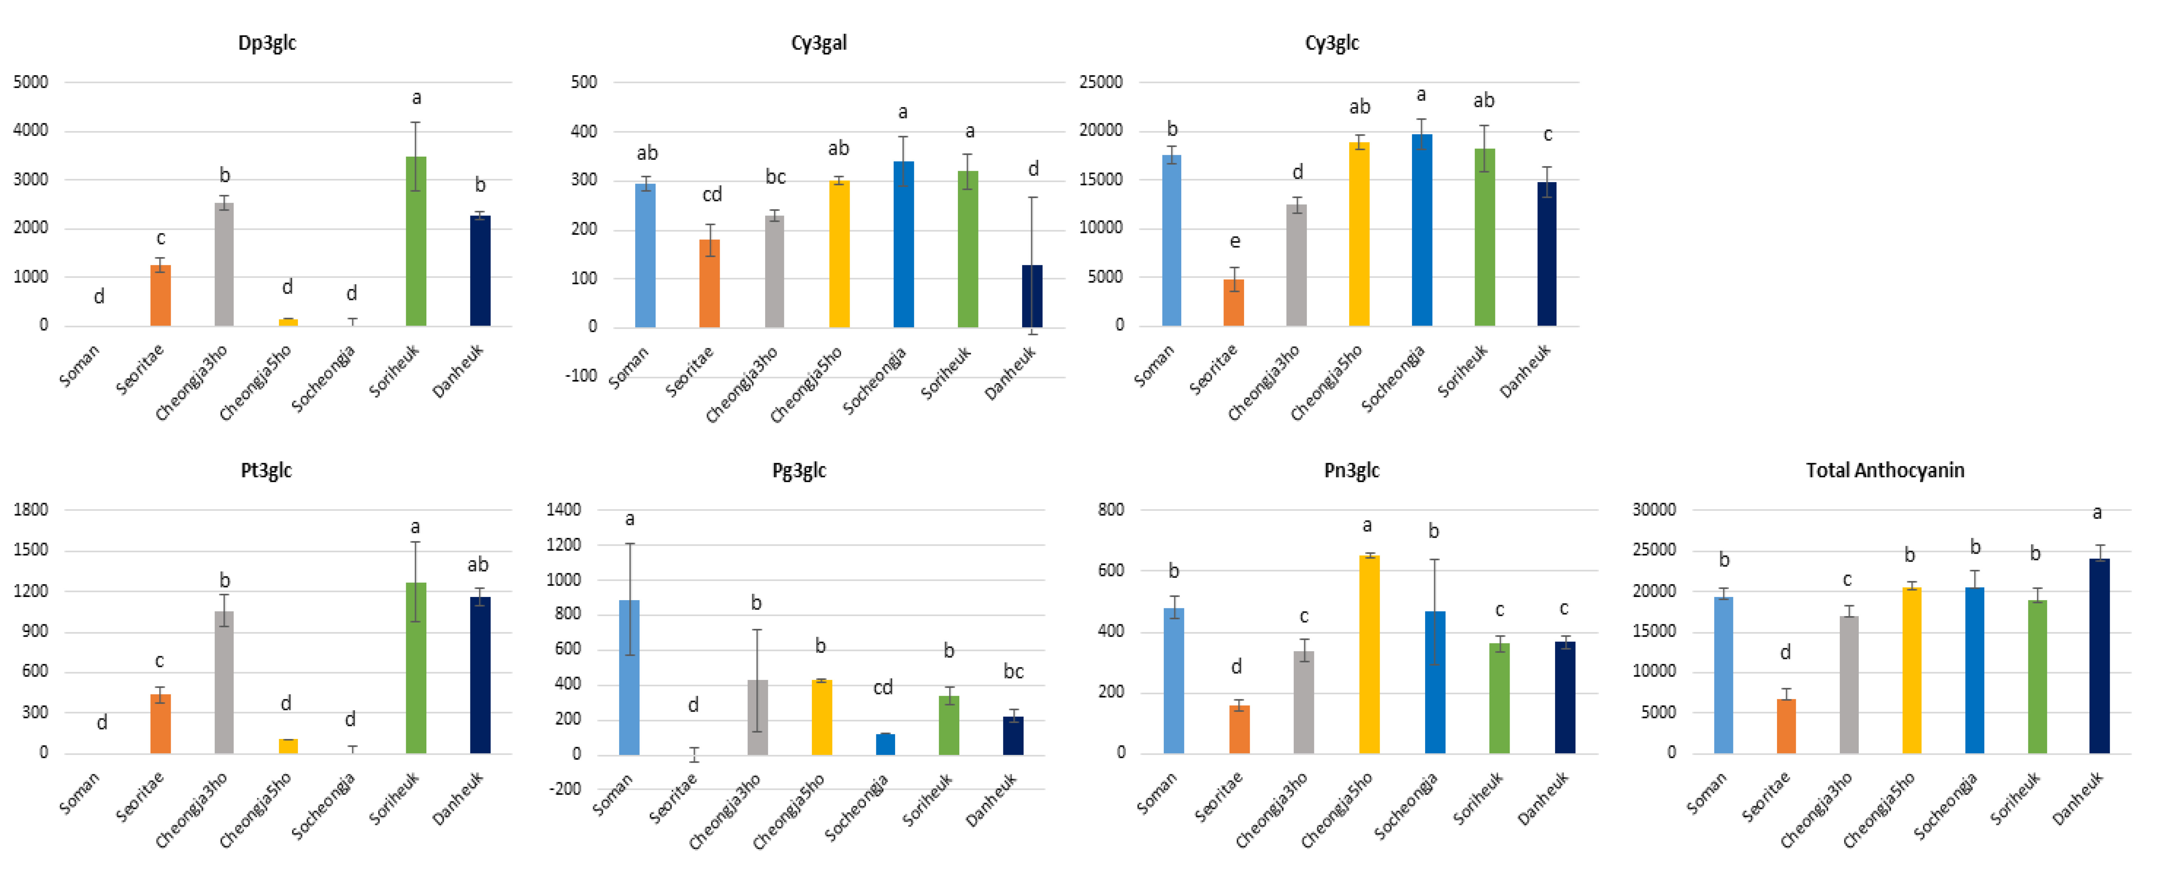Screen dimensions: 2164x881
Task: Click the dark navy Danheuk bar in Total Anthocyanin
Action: tap(2099, 656)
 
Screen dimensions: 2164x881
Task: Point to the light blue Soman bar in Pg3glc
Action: tap(629, 677)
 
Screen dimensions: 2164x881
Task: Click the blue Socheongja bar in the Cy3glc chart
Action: tap(1421, 230)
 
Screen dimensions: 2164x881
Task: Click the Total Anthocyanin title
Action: tap(1885, 470)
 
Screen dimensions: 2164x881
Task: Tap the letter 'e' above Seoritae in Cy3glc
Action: tap(1235, 242)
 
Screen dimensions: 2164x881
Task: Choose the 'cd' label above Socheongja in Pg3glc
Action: tap(883, 688)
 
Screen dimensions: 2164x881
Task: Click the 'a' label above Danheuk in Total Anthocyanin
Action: tap(2098, 512)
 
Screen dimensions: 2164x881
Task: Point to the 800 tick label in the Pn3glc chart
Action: tap(1111, 510)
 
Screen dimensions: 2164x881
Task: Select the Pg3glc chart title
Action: tap(799, 471)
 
